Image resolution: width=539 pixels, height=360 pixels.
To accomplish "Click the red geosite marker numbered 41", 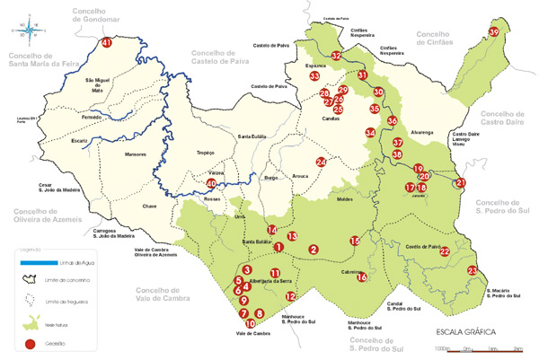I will click(x=108, y=43).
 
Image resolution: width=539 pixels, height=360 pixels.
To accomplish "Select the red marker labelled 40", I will click(x=212, y=183).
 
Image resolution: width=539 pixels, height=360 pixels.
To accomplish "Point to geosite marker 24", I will click(x=321, y=162).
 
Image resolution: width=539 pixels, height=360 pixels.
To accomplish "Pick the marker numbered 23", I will click(x=473, y=271).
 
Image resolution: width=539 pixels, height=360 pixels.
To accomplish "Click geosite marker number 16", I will click(x=361, y=277).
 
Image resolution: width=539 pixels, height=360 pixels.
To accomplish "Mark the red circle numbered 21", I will click(x=461, y=183).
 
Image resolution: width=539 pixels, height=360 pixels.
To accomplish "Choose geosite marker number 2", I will click(x=314, y=249).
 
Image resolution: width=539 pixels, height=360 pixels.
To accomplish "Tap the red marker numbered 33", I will click(x=314, y=77).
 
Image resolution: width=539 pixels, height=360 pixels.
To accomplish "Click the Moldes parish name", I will click(x=345, y=199).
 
